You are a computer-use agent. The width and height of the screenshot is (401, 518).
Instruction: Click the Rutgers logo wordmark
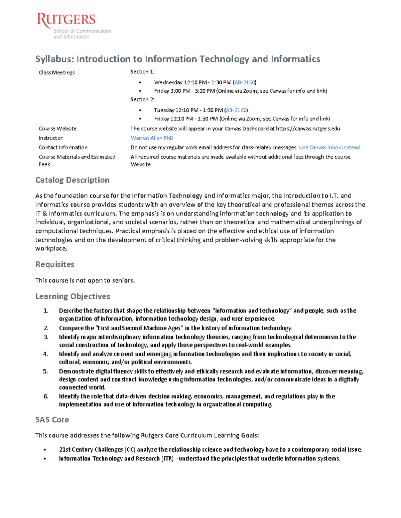click(x=66, y=20)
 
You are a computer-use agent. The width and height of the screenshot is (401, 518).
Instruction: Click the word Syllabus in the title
click(x=54, y=59)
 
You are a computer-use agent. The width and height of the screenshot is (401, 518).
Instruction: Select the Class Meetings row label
click(x=56, y=72)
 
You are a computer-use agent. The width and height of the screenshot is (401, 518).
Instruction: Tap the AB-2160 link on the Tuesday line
click(x=236, y=110)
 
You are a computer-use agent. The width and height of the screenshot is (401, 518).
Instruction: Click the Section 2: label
click(x=142, y=99)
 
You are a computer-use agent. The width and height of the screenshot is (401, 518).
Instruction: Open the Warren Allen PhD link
click(x=152, y=138)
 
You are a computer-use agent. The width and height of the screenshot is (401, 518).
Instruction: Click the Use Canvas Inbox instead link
click(x=329, y=147)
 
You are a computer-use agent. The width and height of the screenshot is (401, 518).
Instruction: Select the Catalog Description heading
click(x=72, y=180)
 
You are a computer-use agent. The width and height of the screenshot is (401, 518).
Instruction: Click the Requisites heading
click(x=55, y=265)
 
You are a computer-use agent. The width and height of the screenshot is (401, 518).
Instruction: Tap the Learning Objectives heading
click(x=73, y=296)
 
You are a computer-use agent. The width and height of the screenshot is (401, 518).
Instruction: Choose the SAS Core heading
click(x=52, y=420)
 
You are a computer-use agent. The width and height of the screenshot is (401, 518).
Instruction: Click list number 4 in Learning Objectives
click(x=45, y=354)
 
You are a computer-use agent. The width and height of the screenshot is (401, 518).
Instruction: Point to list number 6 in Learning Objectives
click(x=45, y=396)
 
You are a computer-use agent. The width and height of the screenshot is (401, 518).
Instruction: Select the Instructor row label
click(x=50, y=138)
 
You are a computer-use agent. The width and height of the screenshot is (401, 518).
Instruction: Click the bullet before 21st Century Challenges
click(x=45, y=450)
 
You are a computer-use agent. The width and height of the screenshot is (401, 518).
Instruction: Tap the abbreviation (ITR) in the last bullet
click(x=167, y=459)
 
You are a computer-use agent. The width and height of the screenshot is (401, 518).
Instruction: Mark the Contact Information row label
click(x=63, y=147)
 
